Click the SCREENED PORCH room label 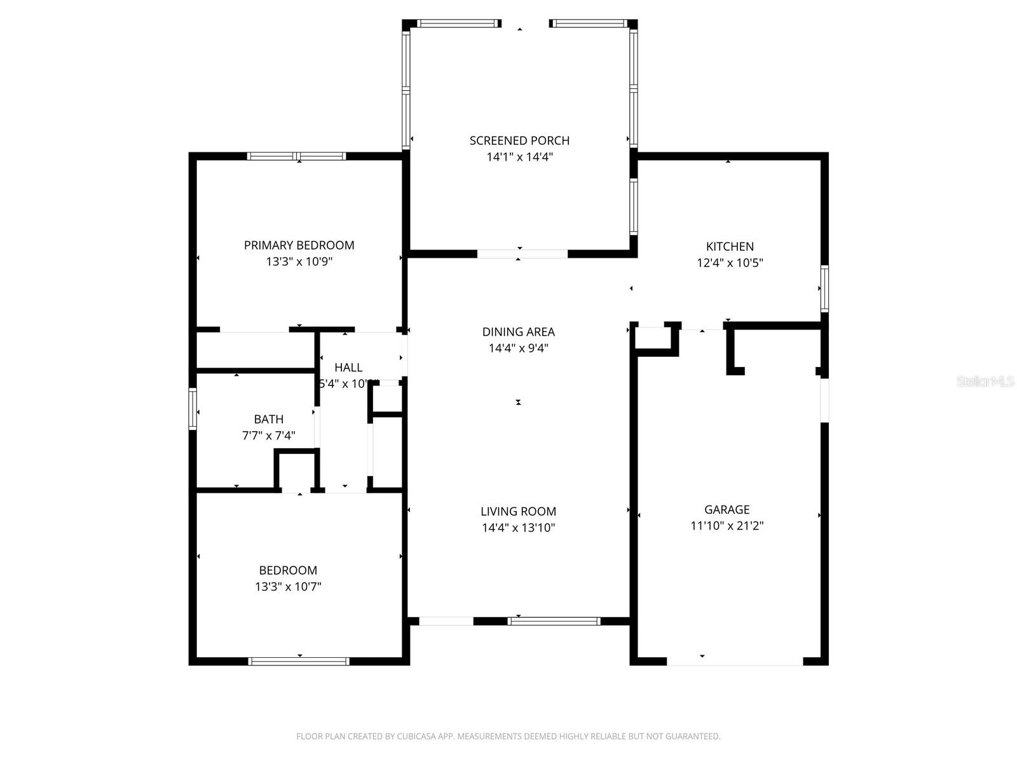pos(519,140)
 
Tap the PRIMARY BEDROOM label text pos(299,245)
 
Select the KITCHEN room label pos(730,246)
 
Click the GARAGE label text pos(727,509)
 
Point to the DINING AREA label pos(518,331)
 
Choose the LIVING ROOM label pos(518,511)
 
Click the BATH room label pos(268,419)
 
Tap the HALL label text pos(348,367)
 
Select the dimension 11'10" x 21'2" pos(727,526)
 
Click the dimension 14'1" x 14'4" pos(519,157)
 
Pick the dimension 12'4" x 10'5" pos(730,263)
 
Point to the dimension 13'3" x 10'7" pos(288,587)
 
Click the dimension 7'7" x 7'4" pos(268,436)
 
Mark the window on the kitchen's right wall pos(824,289)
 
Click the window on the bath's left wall pos(193,410)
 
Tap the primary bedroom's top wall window pos(296,156)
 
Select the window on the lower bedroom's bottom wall pos(299,662)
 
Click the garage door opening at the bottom pos(735,662)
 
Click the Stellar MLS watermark pos(985,382)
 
